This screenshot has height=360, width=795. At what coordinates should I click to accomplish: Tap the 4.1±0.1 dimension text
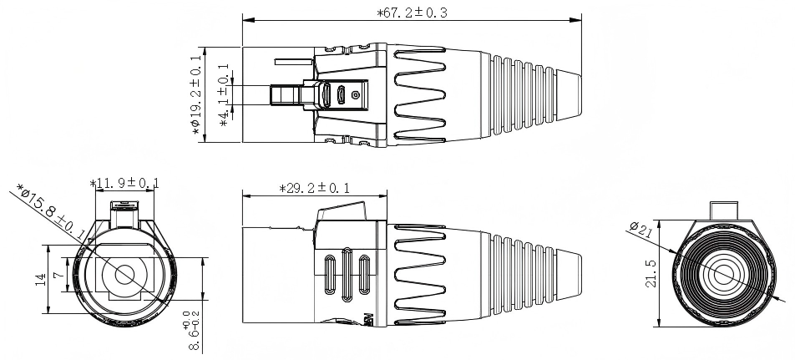click(224, 94)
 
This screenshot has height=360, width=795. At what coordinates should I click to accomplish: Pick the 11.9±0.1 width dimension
click(124, 183)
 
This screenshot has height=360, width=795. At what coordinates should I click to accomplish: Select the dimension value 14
click(39, 279)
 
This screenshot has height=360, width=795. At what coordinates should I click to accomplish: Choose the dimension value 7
click(57, 274)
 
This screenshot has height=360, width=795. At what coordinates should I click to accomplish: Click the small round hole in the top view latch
click(356, 96)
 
